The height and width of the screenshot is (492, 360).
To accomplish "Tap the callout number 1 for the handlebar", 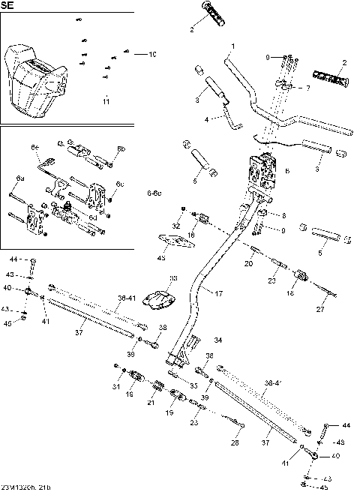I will (232, 46).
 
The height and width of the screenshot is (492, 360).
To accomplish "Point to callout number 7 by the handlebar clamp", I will (307, 88).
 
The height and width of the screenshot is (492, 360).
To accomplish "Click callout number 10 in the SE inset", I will (152, 54).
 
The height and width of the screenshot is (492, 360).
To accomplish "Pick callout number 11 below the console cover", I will (106, 100).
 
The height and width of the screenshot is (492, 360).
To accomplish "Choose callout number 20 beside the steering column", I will (249, 264).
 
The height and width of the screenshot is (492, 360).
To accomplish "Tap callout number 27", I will (319, 310).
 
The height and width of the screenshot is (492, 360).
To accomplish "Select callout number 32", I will (175, 225).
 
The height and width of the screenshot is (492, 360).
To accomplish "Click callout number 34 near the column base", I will (218, 340).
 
